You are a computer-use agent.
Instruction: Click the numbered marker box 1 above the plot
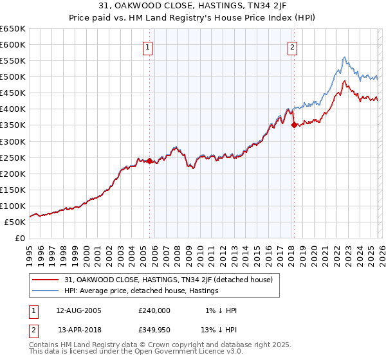(x=149, y=47)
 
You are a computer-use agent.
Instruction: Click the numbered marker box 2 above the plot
(x=293, y=47)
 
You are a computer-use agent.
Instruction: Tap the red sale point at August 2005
(x=149, y=161)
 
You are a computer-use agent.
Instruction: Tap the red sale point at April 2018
(x=294, y=125)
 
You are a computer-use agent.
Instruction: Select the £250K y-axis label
(x=14, y=157)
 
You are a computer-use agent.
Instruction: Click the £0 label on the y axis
(x=19, y=238)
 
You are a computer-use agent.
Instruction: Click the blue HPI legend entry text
(x=142, y=291)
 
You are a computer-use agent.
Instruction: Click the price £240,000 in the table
(x=154, y=310)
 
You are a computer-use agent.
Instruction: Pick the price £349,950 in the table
(x=154, y=330)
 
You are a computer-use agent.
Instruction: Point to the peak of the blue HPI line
(x=344, y=57)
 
